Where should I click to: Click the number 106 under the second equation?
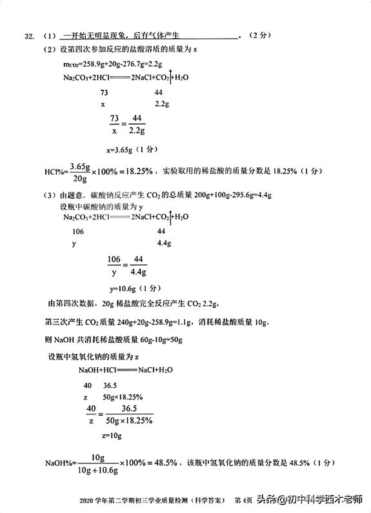[x=78, y=231]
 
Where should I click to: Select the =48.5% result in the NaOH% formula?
[x=157, y=464]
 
